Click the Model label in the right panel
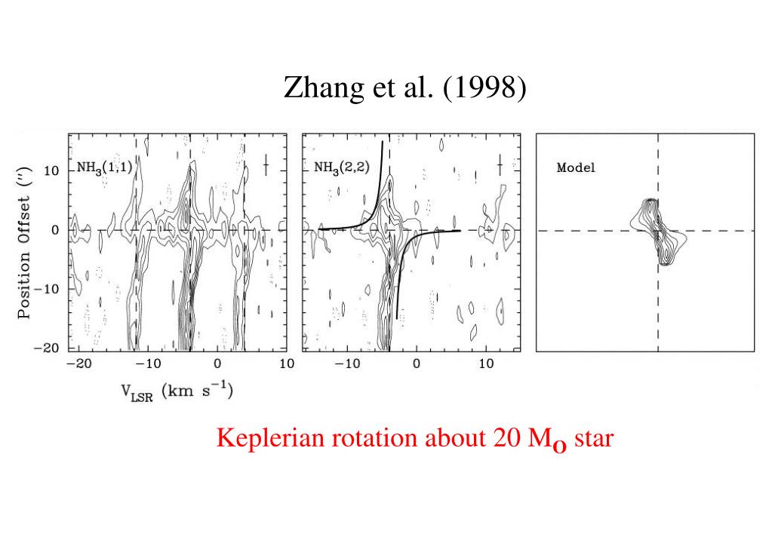click(x=575, y=167)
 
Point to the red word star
click(x=594, y=437)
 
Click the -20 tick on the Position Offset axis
click(x=51, y=348)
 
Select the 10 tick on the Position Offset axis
click(x=54, y=170)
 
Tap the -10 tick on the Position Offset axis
click(x=51, y=289)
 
